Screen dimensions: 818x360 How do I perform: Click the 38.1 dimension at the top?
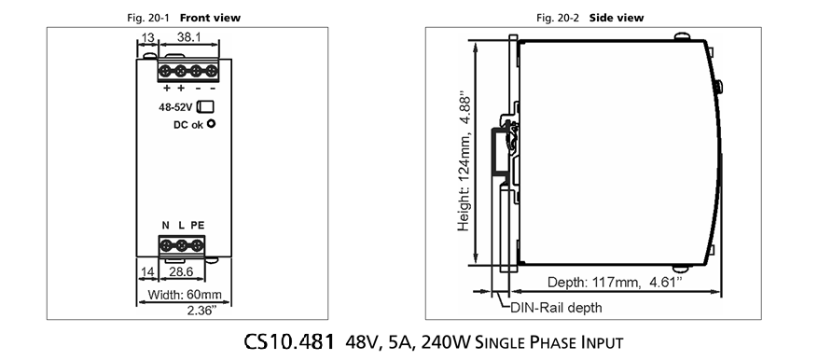pos(188,37)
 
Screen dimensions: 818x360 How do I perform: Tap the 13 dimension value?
pos(147,37)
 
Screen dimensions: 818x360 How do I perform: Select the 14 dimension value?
pos(148,271)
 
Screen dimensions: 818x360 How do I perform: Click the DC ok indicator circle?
pos(211,124)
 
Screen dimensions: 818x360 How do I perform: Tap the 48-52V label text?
pos(175,107)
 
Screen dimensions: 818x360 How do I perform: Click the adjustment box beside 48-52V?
pos(205,106)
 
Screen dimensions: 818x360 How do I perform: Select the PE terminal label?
pos(197,226)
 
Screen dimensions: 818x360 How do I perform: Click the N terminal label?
pos(165,226)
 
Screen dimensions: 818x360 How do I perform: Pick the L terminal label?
pos(181,226)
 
